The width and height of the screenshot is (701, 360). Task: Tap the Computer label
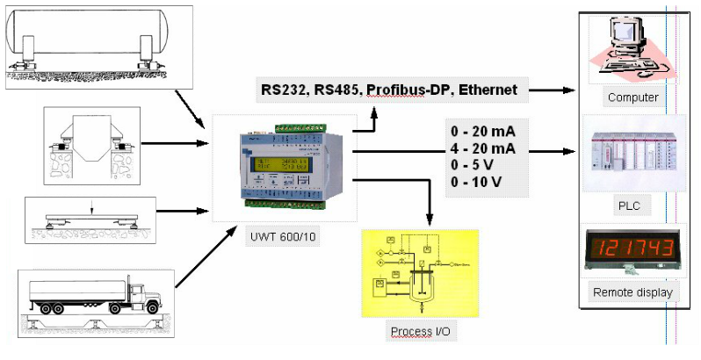632,97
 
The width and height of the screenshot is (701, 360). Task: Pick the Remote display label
632,292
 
